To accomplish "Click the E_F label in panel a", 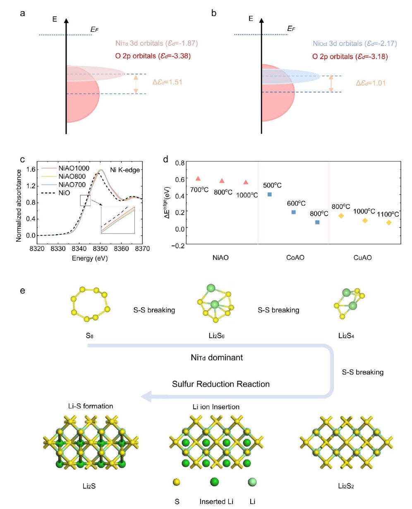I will pos(94,30).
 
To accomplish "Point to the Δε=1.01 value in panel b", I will pos(371,83).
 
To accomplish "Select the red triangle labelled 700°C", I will pos(198,178).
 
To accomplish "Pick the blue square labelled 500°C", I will pos(270,194).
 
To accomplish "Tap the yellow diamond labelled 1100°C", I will pos(389,223).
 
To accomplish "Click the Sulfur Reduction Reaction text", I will pos(221,384).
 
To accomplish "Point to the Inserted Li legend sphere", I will pos(214,482).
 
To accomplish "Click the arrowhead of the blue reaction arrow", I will pos(146,397).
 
